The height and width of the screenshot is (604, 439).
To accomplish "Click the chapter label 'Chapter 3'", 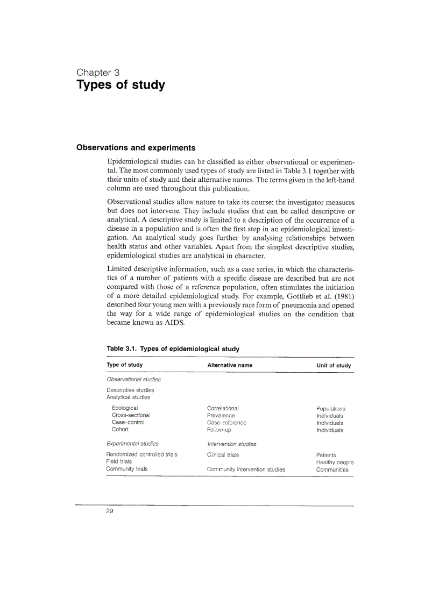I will tap(98, 72).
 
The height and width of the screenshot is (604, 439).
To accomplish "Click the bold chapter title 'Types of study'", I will tap(121, 85).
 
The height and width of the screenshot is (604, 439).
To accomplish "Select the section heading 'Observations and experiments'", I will tap(136, 147).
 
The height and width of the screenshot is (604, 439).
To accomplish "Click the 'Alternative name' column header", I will tap(229, 366).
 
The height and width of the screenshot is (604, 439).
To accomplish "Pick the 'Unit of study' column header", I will tap(334, 366).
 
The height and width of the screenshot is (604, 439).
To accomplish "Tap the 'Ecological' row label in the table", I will tap(125, 408).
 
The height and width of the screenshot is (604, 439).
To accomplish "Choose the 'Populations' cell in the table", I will tap(331, 409).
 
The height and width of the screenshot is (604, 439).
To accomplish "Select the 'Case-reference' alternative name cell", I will tap(226, 423).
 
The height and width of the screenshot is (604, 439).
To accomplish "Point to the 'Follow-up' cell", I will tap(219, 430).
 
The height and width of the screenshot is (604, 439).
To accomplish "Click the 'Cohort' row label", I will tap(120, 430).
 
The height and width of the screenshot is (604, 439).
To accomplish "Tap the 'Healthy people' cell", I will tap(335, 462).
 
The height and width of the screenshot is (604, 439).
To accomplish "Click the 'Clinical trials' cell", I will tap(223, 455).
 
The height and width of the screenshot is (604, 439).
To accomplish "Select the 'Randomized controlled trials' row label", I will tap(141, 455).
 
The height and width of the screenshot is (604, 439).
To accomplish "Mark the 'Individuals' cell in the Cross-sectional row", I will tap(330, 416).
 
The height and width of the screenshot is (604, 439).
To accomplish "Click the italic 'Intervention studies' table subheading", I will tap(231, 444).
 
